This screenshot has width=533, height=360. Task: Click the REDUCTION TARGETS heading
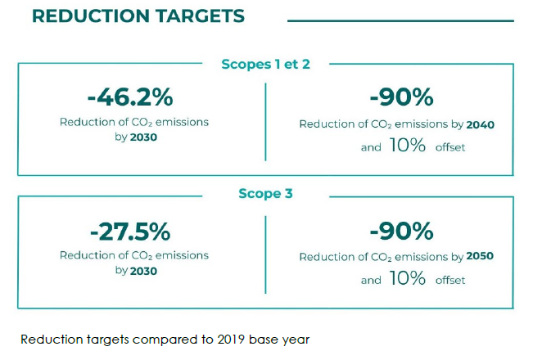tap(138, 16)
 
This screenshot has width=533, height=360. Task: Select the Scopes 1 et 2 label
tap(265, 63)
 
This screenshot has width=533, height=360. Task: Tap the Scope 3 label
tap(265, 194)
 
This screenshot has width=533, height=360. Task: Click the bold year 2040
tap(481, 124)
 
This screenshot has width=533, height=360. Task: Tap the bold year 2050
tap(481, 257)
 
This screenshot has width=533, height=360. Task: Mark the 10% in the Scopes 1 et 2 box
tap(407, 146)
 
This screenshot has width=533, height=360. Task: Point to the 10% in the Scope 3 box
tap(407, 279)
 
